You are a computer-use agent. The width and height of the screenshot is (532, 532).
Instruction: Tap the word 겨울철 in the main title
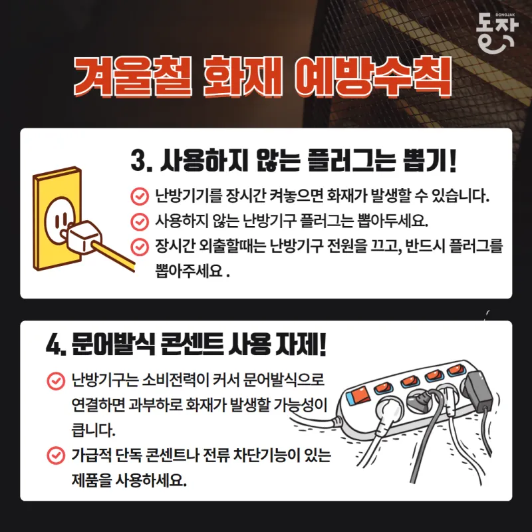(x=132, y=76)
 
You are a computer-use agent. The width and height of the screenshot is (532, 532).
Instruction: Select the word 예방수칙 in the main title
(x=373, y=76)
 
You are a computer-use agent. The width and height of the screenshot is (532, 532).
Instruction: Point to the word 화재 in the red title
(x=243, y=76)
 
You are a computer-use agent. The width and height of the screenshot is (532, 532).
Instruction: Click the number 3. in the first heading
(x=141, y=161)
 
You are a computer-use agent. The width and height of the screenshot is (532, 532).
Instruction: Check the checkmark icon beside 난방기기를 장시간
(x=140, y=196)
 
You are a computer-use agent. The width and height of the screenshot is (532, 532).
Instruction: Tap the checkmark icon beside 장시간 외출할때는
(x=140, y=247)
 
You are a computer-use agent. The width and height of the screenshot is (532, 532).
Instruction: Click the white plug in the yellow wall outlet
(x=82, y=238)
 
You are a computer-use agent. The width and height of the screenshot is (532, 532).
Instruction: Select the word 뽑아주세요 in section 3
(x=189, y=271)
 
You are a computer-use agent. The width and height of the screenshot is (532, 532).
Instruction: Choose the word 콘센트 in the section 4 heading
(x=191, y=344)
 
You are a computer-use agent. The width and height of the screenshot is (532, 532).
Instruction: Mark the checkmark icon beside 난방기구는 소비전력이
(x=56, y=380)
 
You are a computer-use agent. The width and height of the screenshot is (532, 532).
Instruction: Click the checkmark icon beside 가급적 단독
(x=56, y=456)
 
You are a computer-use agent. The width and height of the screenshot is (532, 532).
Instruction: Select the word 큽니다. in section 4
(x=93, y=430)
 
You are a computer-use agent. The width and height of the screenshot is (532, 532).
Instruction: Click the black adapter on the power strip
(x=479, y=392)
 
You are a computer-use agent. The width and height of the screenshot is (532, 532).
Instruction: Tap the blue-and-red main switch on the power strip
(x=358, y=395)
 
